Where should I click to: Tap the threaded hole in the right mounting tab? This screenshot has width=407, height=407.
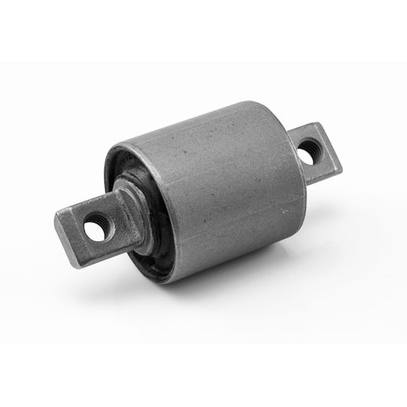(x=308, y=153)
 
